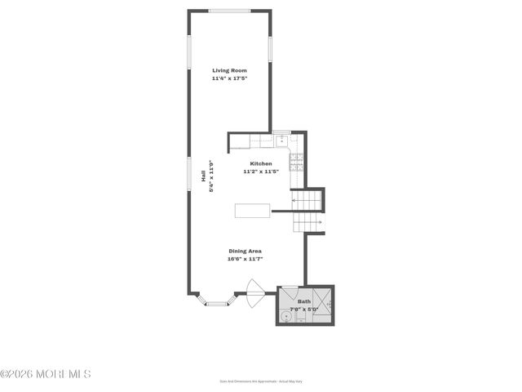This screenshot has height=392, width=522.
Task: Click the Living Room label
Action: (x=229, y=71)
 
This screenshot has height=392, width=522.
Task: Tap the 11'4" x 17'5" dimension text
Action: (x=229, y=78)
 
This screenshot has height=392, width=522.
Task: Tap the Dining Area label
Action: (x=245, y=251)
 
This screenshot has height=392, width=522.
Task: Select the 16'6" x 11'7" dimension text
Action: (x=245, y=259)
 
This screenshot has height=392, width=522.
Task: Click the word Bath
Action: (x=303, y=301)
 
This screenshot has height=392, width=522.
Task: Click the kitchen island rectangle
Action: (x=252, y=211)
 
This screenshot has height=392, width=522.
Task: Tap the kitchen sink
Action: (x=281, y=141)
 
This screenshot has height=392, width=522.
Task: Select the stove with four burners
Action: (x=297, y=160)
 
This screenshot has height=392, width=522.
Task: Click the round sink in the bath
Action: (x=286, y=314)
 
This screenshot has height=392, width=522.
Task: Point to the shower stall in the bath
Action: (x=321, y=305)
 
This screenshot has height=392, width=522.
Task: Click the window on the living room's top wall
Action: (x=229, y=11)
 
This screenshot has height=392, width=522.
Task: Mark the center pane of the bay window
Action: (x=216, y=304)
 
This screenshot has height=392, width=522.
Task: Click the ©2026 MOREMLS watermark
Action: (x=46, y=374)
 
